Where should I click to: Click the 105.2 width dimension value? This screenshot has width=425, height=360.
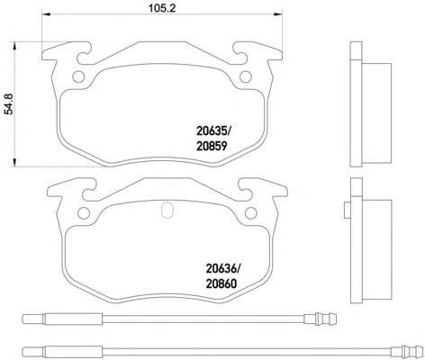click(162, 8)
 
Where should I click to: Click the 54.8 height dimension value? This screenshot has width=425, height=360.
click(10, 103)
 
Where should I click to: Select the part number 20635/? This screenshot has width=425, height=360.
click(214, 130)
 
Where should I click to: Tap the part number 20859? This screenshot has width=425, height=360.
click(212, 146)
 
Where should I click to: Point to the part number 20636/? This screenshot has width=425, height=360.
click(223, 268)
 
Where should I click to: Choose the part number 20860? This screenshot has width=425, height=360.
click(222, 283)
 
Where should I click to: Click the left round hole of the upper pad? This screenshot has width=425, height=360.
click(78, 76)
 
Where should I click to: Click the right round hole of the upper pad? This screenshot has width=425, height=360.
click(246, 76)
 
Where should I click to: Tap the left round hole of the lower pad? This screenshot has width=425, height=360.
click(84, 213)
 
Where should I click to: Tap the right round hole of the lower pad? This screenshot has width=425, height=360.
click(251, 213)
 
